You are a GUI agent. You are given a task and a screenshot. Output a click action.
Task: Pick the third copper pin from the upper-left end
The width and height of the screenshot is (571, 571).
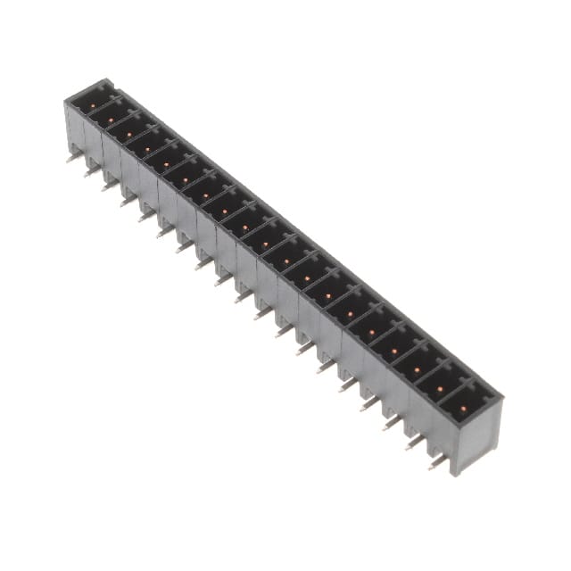coord(129,135)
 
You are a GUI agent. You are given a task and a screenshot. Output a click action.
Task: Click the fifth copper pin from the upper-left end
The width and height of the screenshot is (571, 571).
coord(167,166)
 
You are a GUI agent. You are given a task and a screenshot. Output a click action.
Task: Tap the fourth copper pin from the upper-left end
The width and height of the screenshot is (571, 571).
coord(148,150)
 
